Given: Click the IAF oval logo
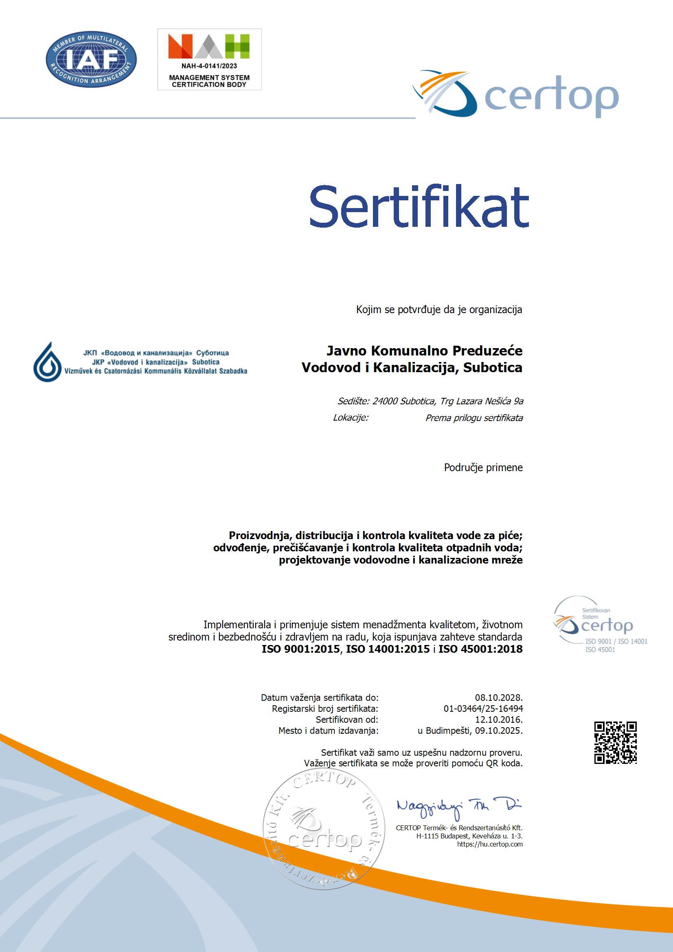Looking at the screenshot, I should click(91, 59).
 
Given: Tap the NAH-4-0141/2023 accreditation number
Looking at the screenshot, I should click(209, 66).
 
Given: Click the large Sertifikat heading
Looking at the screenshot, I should click(419, 207).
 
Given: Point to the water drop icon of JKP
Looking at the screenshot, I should click(48, 362).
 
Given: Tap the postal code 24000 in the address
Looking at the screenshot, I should click(385, 401).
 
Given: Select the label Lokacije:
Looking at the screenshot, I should click(351, 417).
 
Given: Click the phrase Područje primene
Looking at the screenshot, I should click(483, 467).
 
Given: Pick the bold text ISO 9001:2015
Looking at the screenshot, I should click(300, 649).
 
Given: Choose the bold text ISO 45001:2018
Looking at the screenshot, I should click(480, 649).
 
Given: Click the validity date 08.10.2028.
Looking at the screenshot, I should click(498, 698).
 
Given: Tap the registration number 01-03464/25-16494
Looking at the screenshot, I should click(483, 709).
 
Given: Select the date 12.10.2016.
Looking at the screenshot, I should click(498, 719).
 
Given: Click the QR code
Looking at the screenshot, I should click(615, 742).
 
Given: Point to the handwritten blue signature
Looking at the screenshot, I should click(458, 807).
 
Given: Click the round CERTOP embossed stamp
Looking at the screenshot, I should click(324, 829).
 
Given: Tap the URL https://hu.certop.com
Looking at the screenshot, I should click(490, 844).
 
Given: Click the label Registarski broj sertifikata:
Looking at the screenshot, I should click(324, 709).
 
